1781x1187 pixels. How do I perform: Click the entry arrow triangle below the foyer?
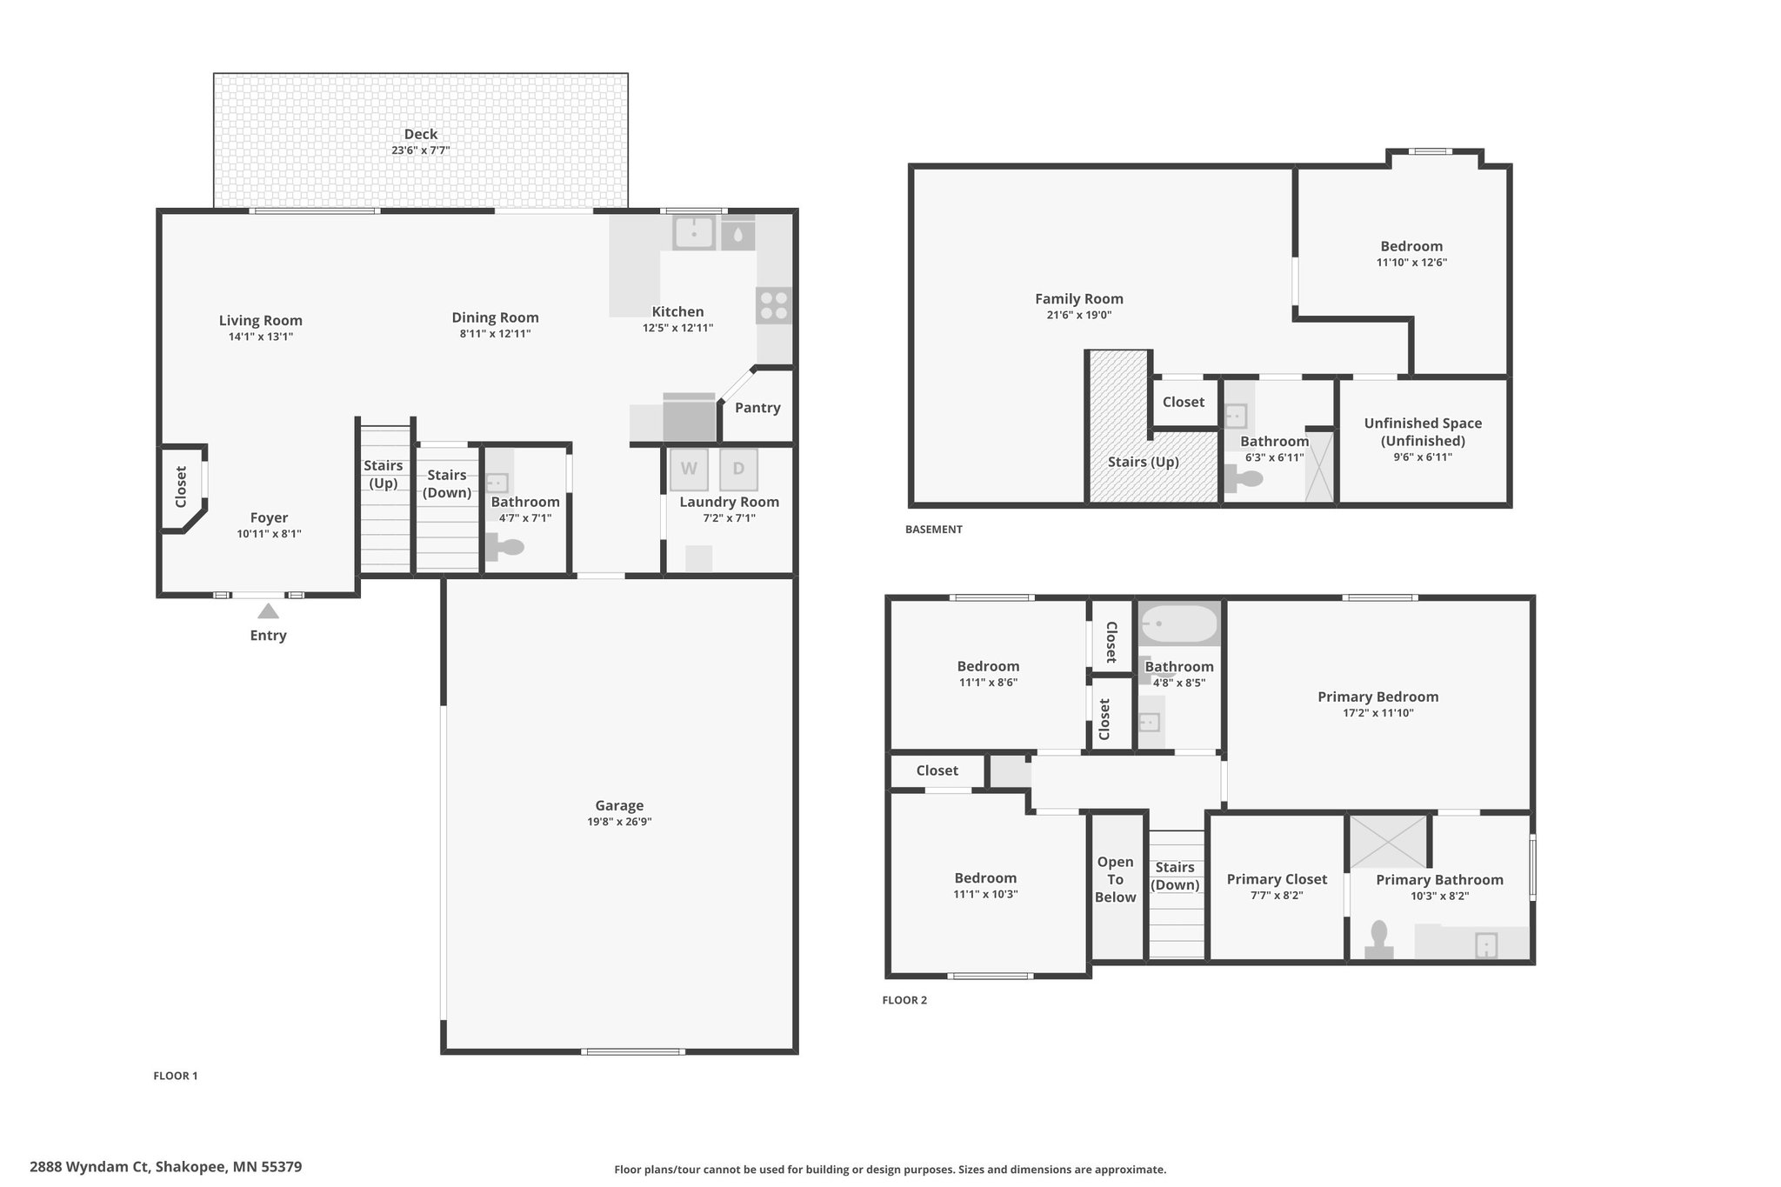click(268, 611)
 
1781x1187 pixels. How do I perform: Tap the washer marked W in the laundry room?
click(689, 470)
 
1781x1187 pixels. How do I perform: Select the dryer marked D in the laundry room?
click(738, 470)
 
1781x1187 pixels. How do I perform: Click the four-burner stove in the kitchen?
click(774, 306)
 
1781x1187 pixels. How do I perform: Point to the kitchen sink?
click(694, 232)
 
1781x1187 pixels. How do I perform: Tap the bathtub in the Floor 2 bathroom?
click(1179, 624)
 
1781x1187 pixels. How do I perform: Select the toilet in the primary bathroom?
click(1378, 940)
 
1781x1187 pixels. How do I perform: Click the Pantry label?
click(757, 408)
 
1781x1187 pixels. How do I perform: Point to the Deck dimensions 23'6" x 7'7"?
click(421, 150)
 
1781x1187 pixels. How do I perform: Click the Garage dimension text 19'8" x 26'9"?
click(619, 822)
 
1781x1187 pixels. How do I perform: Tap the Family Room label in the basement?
click(1079, 299)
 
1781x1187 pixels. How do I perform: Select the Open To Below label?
click(1115, 879)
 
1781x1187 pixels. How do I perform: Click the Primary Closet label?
click(1277, 879)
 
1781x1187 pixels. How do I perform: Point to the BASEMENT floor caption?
click(934, 530)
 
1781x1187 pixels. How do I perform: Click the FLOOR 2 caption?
click(904, 1000)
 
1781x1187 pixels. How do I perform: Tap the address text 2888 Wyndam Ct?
click(90, 1167)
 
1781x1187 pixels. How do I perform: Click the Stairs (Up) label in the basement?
click(1143, 462)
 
